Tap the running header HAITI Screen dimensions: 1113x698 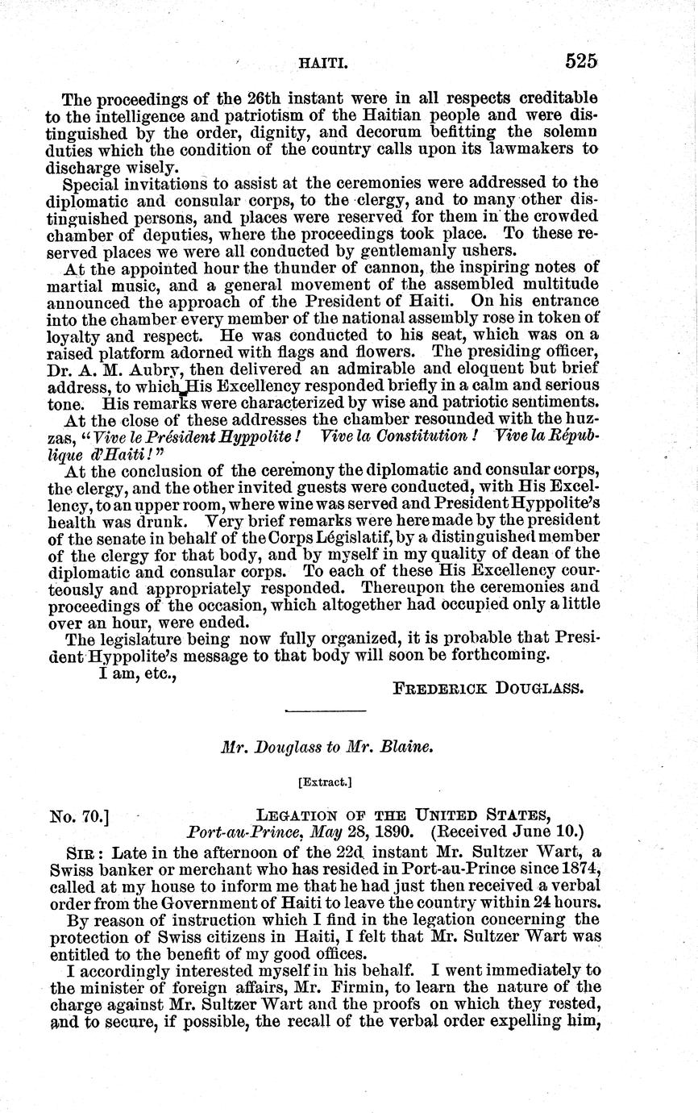(x=322, y=62)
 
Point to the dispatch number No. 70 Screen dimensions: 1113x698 (x=79, y=816)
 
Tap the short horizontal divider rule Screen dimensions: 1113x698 (x=326, y=711)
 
